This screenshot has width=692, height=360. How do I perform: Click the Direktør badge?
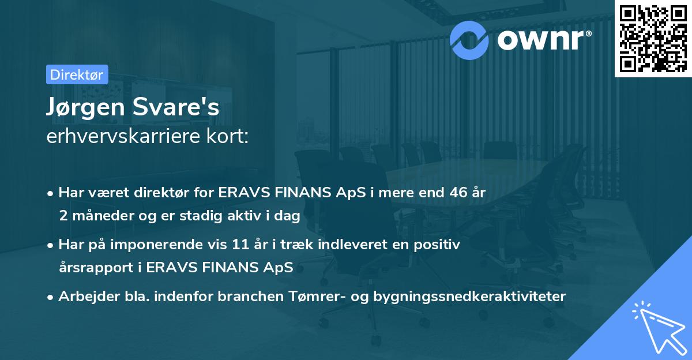[x=77, y=74]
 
